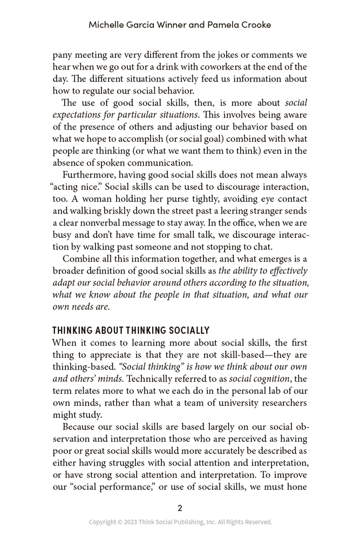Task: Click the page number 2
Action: click(180, 508)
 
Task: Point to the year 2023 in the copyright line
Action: click(130, 522)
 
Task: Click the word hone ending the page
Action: click(298, 487)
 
